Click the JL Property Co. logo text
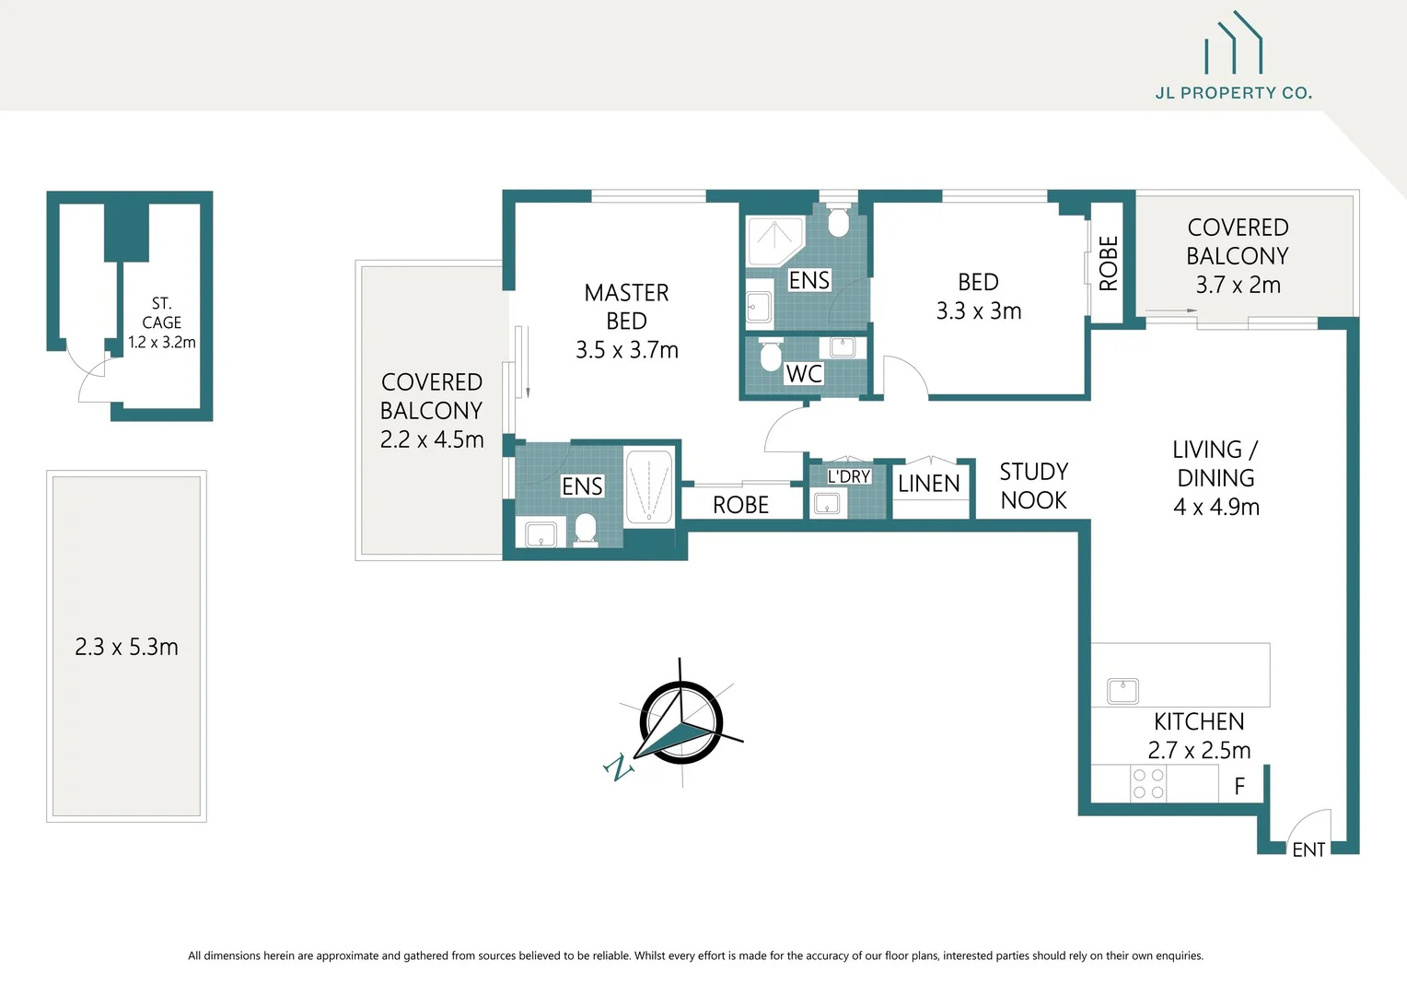[x=1233, y=93]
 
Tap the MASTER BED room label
[x=626, y=307]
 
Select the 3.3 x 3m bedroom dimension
[x=978, y=311]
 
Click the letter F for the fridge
[x=1239, y=786]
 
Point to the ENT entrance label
[x=1308, y=849]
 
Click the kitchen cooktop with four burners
[x=1148, y=784]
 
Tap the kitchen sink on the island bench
[x=1122, y=691]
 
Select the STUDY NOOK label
[x=1033, y=486]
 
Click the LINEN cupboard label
[x=928, y=484]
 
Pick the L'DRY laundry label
[x=848, y=476]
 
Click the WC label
[x=803, y=374]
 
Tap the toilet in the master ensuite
[x=586, y=529]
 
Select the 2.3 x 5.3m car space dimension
[x=126, y=647]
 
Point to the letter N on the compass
[x=619, y=767]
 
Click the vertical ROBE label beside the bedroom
[x=1108, y=263]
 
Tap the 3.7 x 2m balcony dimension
[x=1238, y=286]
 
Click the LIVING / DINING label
[x=1215, y=463]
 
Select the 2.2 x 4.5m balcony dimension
[x=432, y=439]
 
